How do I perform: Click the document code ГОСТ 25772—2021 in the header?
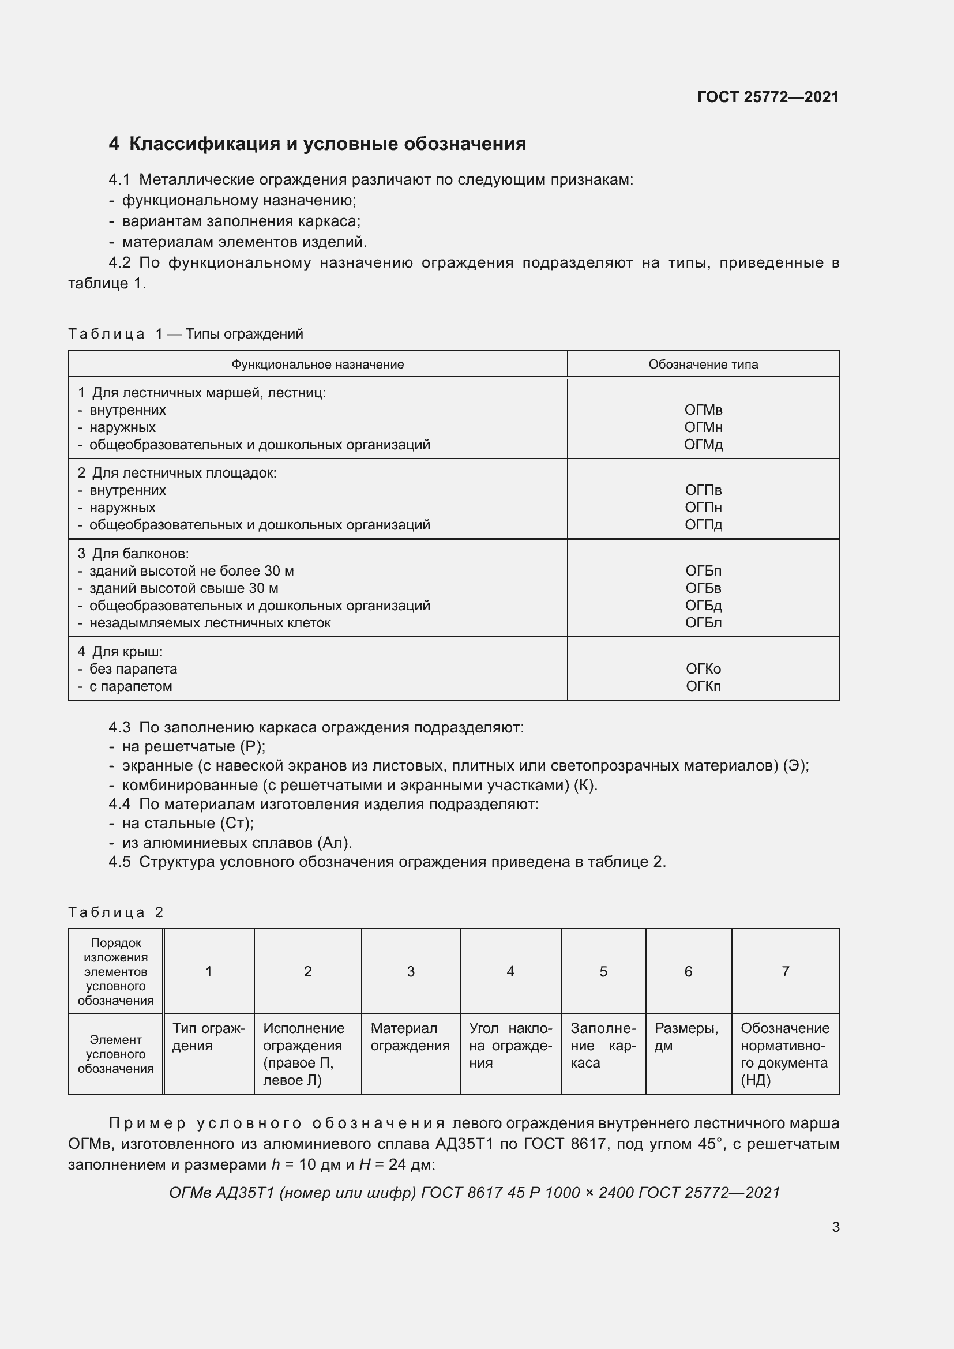tap(768, 97)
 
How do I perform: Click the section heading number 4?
tap(114, 144)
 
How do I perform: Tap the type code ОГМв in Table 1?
tap(703, 410)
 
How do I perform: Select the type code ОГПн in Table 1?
tap(703, 508)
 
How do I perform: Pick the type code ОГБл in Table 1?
tap(703, 623)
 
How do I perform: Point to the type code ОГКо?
tap(703, 669)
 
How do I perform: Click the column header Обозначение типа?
tap(703, 365)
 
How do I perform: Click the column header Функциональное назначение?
tap(317, 365)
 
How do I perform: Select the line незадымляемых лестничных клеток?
tap(210, 623)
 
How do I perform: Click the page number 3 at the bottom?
tap(835, 1227)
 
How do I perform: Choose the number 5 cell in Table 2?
tap(603, 972)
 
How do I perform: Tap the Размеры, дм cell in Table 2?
tap(686, 1036)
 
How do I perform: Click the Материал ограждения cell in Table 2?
tap(410, 1036)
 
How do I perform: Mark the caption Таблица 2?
tap(115, 912)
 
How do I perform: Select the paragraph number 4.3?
tap(119, 727)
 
